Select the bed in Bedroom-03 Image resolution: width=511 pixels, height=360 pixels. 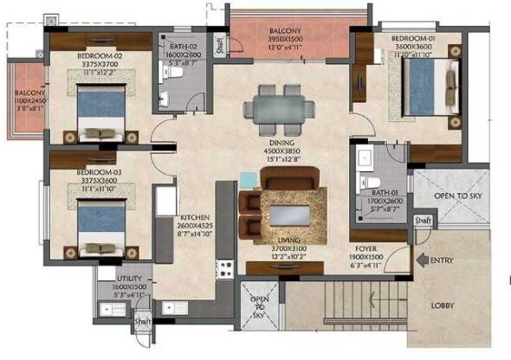(103, 227)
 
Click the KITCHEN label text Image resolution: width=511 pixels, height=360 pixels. (195, 218)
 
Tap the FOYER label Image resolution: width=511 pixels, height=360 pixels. (368, 247)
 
